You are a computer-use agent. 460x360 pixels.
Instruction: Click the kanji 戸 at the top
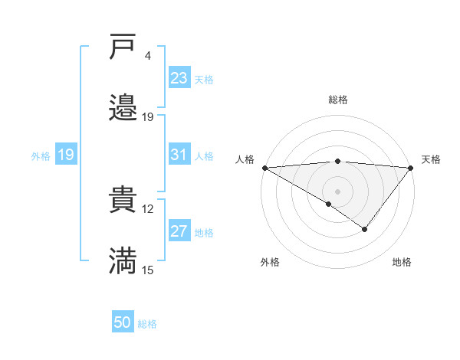point(123,47)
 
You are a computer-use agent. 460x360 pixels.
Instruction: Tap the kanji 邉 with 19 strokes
point(123,108)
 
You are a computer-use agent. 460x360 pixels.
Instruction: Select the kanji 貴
point(123,200)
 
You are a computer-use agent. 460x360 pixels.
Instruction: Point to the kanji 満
point(123,261)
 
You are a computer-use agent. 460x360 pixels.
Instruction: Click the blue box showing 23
point(179,78)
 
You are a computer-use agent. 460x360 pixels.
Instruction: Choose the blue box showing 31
point(179,155)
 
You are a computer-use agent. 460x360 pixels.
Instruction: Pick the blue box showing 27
point(179,231)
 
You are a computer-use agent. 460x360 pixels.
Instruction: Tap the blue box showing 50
point(123,322)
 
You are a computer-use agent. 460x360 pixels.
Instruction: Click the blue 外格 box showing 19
point(66,155)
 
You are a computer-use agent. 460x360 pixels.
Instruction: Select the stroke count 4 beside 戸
point(148,56)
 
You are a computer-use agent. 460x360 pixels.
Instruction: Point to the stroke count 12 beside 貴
point(148,208)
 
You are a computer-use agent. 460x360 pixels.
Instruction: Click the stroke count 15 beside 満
point(148,270)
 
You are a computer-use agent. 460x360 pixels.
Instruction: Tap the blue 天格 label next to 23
point(204,79)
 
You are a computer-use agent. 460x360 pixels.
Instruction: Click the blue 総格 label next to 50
point(147,323)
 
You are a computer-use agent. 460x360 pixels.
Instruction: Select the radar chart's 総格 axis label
point(337,100)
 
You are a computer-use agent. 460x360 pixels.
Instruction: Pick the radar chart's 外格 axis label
point(270,263)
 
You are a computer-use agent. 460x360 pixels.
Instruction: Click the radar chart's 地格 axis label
point(402,263)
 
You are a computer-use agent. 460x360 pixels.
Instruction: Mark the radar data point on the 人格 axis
point(264,168)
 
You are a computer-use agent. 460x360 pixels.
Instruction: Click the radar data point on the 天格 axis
point(411,168)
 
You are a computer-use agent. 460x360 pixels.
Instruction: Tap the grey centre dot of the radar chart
point(337,191)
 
